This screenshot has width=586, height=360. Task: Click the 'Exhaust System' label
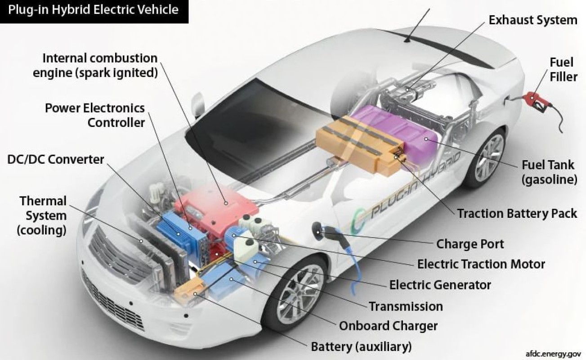(533, 20)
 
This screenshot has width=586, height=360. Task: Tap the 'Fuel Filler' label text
(563, 70)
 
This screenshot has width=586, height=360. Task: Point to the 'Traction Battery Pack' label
(517, 213)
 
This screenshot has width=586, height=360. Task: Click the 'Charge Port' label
(470, 244)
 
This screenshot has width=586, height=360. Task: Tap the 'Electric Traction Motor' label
(481, 264)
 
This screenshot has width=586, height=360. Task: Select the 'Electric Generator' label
(440, 285)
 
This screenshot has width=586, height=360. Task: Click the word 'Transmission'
(406, 306)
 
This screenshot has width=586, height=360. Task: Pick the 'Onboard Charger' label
(388, 326)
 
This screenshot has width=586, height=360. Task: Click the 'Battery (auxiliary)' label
(361, 346)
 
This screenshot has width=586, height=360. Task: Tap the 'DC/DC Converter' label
(56, 159)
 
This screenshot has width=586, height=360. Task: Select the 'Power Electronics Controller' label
(95, 115)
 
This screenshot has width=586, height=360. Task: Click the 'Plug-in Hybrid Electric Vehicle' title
(93, 10)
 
